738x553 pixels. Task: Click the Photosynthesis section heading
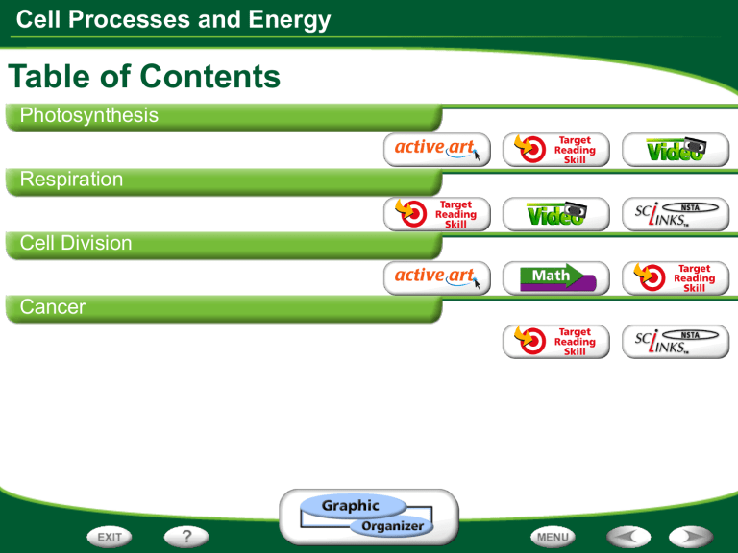point(89,116)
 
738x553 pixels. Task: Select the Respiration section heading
point(71,180)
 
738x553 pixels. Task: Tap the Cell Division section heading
point(76,243)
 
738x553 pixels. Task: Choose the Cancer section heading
point(53,307)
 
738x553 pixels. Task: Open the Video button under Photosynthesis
point(676,150)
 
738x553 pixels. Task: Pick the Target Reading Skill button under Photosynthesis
point(556,150)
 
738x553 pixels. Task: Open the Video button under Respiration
point(556,214)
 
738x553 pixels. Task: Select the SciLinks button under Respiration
point(676,214)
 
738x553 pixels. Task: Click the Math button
point(556,277)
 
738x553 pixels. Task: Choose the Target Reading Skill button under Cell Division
point(676,277)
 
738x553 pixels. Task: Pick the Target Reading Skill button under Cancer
point(556,342)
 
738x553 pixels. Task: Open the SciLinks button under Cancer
point(676,342)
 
